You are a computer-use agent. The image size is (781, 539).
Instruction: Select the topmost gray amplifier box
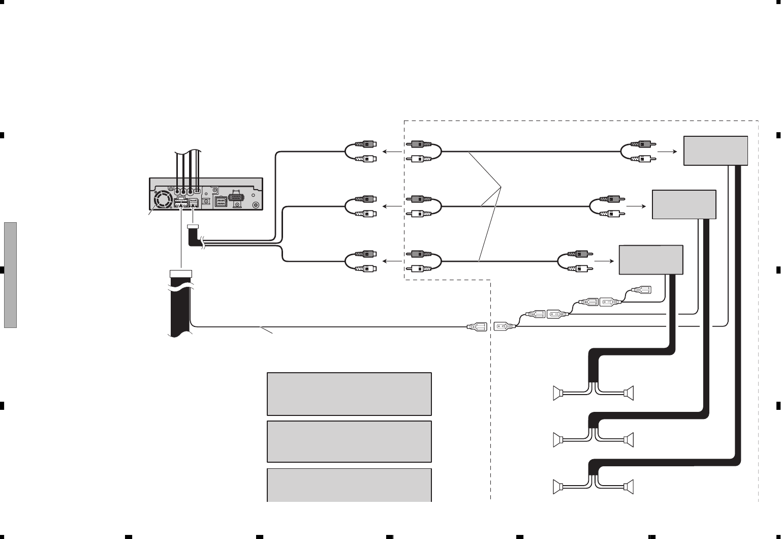click(715, 151)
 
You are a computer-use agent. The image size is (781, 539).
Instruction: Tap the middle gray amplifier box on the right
click(683, 204)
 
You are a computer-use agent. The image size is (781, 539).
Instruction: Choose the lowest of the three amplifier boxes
click(651, 260)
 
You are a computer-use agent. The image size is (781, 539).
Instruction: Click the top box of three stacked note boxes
click(349, 394)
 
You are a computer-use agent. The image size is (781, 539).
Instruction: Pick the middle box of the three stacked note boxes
click(349, 441)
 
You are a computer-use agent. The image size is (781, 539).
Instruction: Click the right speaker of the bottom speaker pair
click(630, 487)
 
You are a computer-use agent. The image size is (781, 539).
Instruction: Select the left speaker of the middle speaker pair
click(558, 439)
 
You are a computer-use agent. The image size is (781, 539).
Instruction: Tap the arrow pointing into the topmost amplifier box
click(667, 152)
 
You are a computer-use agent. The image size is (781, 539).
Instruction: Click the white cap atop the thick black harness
click(180, 274)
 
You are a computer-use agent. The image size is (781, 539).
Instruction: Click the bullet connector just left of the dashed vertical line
click(477, 326)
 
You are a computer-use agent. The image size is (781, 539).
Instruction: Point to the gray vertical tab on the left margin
click(10, 275)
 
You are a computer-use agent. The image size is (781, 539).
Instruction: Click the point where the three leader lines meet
click(501, 188)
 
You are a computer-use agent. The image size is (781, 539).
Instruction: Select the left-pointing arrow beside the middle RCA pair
click(390, 206)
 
